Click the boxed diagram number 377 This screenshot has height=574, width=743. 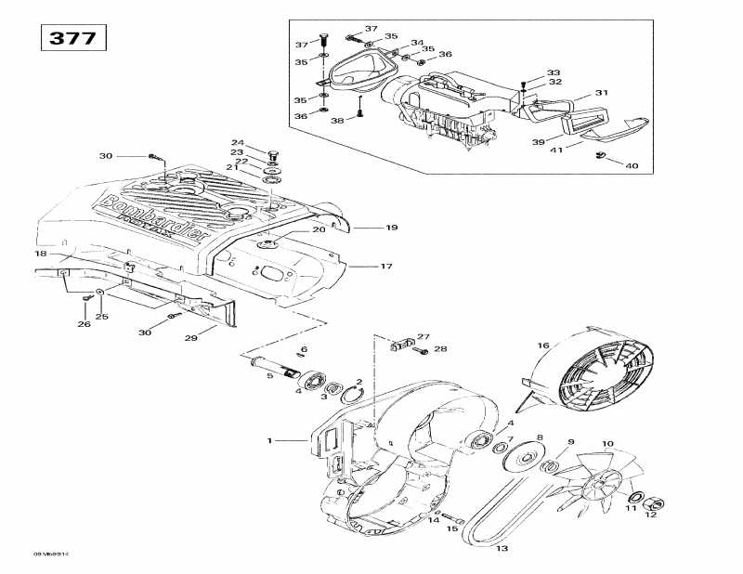coord(72,38)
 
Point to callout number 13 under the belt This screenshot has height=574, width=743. coord(502,547)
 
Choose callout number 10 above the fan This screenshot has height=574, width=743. coord(608,443)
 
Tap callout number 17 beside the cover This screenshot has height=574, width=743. coord(385,267)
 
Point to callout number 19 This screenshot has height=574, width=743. coord(391,227)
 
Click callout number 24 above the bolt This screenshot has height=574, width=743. coord(238,142)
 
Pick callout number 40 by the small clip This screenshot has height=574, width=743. coord(632,166)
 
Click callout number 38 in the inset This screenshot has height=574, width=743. coord(337,121)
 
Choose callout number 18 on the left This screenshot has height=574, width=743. coord(41,254)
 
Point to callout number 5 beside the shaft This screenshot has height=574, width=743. coord(270,375)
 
